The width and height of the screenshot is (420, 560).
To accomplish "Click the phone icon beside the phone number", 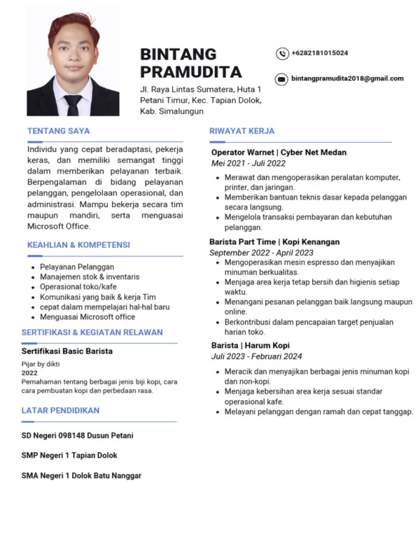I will click(282, 53).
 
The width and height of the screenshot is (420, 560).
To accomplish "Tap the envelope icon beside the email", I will click(281, 79).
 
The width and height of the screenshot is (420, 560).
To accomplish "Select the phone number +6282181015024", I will click(320, 53).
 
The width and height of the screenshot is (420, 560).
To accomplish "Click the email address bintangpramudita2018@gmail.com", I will click(347, 78).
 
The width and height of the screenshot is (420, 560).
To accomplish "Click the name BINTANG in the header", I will click(178, 55).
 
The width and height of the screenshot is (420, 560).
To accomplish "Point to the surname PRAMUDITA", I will click(190, 72).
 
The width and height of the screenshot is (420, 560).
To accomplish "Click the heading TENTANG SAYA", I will click(58, 131).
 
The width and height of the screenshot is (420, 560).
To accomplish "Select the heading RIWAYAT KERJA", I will click(242, 131).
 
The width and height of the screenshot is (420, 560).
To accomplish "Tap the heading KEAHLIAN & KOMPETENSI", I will click(78, 246).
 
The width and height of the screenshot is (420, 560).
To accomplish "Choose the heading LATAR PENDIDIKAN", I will click(60, 410).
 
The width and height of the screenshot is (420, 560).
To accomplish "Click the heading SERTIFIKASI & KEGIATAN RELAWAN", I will click(92, 332).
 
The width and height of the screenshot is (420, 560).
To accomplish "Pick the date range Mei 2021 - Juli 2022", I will click(248, 163).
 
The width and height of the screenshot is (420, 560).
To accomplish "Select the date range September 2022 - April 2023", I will click(260, 252).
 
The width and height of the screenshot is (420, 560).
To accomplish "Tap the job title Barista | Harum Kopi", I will click(251, 346).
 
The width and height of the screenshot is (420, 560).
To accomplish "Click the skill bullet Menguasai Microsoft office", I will click(87, 316).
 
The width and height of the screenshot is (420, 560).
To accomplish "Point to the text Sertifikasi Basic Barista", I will click(67, 351).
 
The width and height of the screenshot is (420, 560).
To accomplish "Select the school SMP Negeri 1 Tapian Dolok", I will click(69, 456).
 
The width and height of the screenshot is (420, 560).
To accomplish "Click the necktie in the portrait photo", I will click(73, 105).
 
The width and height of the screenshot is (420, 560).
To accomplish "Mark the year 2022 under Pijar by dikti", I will click(30, 373).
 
